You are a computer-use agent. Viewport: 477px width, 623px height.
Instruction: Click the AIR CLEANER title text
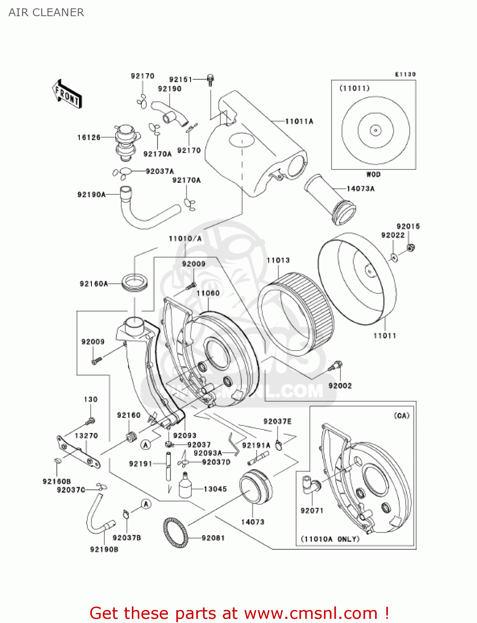pyautogui.click(x=46, y=12)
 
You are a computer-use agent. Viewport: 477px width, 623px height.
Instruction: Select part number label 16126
pyautogui.click(x=89, y=137)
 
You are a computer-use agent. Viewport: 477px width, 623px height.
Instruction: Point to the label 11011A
pyautogui.click(x=299, y=121)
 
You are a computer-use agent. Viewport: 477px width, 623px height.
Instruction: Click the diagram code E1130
pyautogui.click(x=405, y=74)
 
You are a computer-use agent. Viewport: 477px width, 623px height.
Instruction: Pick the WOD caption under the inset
pyautogui.click(x=373, y=174)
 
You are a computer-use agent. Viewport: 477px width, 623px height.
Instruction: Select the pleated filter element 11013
pyautogui.click(x=296, y=314)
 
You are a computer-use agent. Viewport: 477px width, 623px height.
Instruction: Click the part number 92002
pyautogui.click(x=340, y=386)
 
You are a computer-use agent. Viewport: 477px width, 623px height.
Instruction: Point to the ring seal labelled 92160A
pyautogui.click(x=135, y=283)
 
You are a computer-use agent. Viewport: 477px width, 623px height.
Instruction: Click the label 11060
pyautogui.click(x=208, y=293)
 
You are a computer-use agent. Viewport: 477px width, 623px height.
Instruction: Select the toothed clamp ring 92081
pyautogui.click(x=175, y=532)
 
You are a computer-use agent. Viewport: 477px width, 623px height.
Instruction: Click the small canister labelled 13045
pyautogui.click(x=185, y=486)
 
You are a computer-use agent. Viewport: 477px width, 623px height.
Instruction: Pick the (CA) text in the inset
pyautogui.click(x=401, y=416)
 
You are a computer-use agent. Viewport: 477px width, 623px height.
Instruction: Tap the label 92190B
pyautogui.click(x=104, y=549)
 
